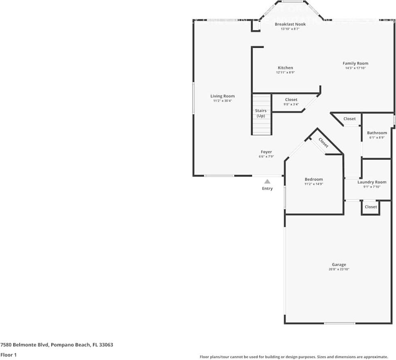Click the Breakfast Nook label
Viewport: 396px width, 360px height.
pyautogui.click(x=290, y=24)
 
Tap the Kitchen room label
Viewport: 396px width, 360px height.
pyautogui.click(x=285, y=68)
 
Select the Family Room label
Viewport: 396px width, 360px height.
pyautogui.click(x=355, y=63)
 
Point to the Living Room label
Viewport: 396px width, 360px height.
pyautogui.click(x=222, y=96)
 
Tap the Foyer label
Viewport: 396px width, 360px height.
pyautogui.click(x=266, y=152)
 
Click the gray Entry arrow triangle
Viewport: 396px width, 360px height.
pyautogui.click(x=267, y=181)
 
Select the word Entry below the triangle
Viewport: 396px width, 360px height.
pyautogui.click(x=267, y=188)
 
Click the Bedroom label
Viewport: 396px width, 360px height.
pyautogui.click(x=313, y=179)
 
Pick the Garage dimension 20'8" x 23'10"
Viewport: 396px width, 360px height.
pyautogui.click(x=339, y=269)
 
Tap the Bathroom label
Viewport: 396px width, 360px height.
pyautogui.click(x=377, y=133)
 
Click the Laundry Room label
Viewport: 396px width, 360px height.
pyautogui.click(x=372, y=182)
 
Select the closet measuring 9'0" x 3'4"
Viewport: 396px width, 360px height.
pyautogui.click(x=291, y=102)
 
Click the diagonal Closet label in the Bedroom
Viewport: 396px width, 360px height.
pyautogui.click(x=324, y=143)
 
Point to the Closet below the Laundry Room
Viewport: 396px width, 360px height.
pyautogui.click(x=370, y=207)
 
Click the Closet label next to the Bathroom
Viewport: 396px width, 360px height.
pyautogui.click(x=349, y=119)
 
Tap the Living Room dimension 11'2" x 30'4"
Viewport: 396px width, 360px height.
pyautogui.click(x=222, y=101)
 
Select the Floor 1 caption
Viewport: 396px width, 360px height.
pyautogui.click(x=9, y=355)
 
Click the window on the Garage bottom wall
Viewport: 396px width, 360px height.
pyautogui.click(x=340, y=323)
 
